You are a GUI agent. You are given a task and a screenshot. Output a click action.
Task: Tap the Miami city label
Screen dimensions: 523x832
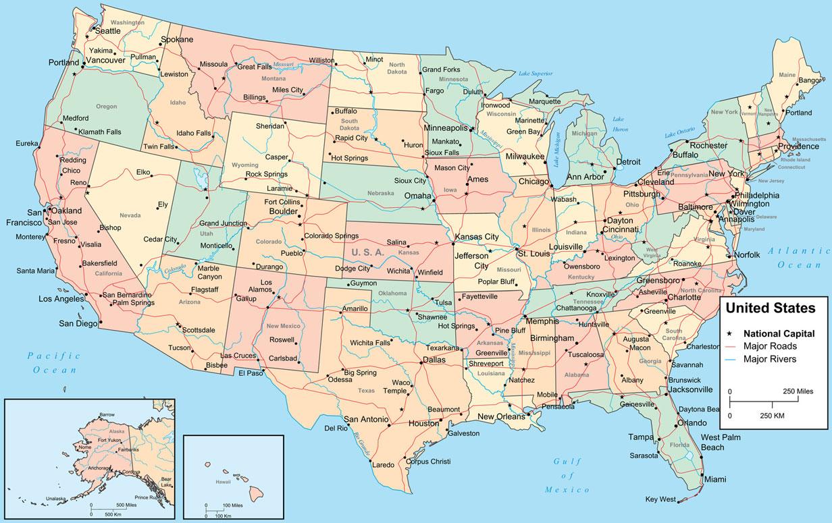click(x=716, y=479)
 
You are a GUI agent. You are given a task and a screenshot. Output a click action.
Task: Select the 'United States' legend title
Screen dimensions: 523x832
click(x=770, y=308)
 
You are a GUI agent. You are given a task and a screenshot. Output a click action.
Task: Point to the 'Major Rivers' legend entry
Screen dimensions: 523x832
click(x=770, y=359)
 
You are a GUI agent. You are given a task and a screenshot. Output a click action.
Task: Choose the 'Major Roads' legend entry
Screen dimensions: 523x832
click(x=769, y=346)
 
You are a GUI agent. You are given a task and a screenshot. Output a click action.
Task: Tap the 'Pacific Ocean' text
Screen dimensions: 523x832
click(x=54, y=362)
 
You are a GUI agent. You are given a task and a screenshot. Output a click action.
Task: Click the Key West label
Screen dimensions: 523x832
click(x=660, y=499)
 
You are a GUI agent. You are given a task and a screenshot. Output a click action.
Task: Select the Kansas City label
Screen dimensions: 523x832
click(x=477, y=237)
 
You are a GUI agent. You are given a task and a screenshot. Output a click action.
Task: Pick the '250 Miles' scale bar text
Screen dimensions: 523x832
click(x=798, y=391)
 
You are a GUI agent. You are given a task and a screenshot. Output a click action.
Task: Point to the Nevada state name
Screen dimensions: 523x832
click(x=130, y=215)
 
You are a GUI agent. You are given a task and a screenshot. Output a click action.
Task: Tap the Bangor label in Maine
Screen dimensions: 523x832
click(x=810, y=80)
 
